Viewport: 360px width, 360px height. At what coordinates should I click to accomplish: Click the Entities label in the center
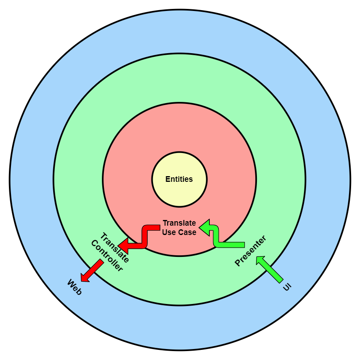[x=179, y=179]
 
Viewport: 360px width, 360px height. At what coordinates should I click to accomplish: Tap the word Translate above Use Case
[x=179, y=223]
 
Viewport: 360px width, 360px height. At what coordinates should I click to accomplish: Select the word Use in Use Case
[x=169, y=233]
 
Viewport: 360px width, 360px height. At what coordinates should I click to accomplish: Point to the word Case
[x=187, y=233]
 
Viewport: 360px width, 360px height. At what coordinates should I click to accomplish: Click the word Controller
[x=106, y=256]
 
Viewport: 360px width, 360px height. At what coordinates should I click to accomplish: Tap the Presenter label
[x=250, y=251]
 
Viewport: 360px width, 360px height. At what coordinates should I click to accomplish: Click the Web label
[x=74, y=287]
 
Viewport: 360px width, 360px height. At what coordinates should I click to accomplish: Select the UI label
[x=287, y=287]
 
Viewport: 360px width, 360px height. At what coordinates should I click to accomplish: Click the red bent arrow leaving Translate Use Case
[x=144, y=237]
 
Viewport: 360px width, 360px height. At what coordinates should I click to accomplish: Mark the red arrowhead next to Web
[x=85, y=277]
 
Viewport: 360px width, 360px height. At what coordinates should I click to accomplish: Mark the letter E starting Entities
[x=168, y=179]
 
